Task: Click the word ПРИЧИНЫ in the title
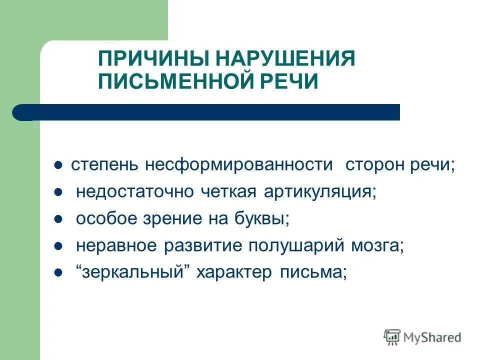154,59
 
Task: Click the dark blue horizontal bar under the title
210,112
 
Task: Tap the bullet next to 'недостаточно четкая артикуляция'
58,192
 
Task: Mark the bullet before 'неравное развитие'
58,246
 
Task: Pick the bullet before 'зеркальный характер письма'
58,273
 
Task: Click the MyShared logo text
432,337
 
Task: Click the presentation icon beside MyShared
392,337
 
